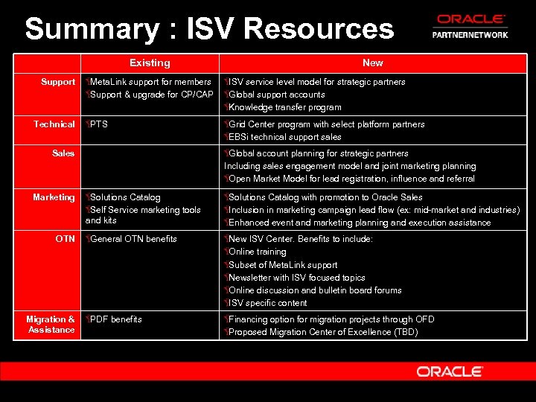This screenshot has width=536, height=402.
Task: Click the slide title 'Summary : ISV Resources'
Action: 209,29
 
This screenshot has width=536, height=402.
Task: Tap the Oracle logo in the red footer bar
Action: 450,371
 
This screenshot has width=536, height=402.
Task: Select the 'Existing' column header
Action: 150,63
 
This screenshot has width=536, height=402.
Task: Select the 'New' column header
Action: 373,63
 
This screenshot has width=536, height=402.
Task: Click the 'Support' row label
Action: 58,82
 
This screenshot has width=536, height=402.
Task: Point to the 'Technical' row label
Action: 54,124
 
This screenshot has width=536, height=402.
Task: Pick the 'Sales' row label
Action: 63,153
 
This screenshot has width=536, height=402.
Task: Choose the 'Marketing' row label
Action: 54,197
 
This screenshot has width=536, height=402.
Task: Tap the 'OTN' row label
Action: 65,239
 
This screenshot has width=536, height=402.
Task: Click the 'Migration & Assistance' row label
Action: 51,325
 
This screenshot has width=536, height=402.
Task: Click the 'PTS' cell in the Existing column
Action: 98,124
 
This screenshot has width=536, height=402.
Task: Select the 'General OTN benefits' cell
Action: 133,239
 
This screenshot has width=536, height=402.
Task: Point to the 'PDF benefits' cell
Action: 115,319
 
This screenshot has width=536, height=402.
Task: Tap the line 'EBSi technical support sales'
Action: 284,137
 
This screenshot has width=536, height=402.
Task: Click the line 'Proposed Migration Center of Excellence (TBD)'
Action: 322,332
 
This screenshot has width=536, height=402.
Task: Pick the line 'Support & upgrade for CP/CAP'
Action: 151,95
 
